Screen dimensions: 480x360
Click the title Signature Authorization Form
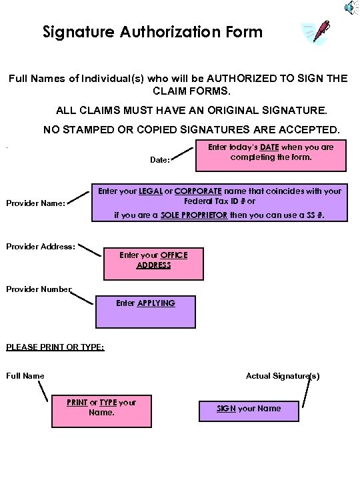[153, 31]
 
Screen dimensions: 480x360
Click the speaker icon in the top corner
[350, 7]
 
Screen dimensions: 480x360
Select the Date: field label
[159, 160]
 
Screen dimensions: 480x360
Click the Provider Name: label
[35, 204]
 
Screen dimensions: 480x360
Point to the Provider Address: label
[40, 246]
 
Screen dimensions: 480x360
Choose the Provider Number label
[39, 289]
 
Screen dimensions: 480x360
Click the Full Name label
[25, 376]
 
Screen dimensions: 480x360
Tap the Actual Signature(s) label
[283, 376]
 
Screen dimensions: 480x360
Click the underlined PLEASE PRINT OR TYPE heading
[55, 347]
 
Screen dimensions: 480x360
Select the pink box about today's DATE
[271, 156]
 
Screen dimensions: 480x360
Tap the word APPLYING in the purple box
[156, 303]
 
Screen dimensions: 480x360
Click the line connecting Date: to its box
[183, 153]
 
